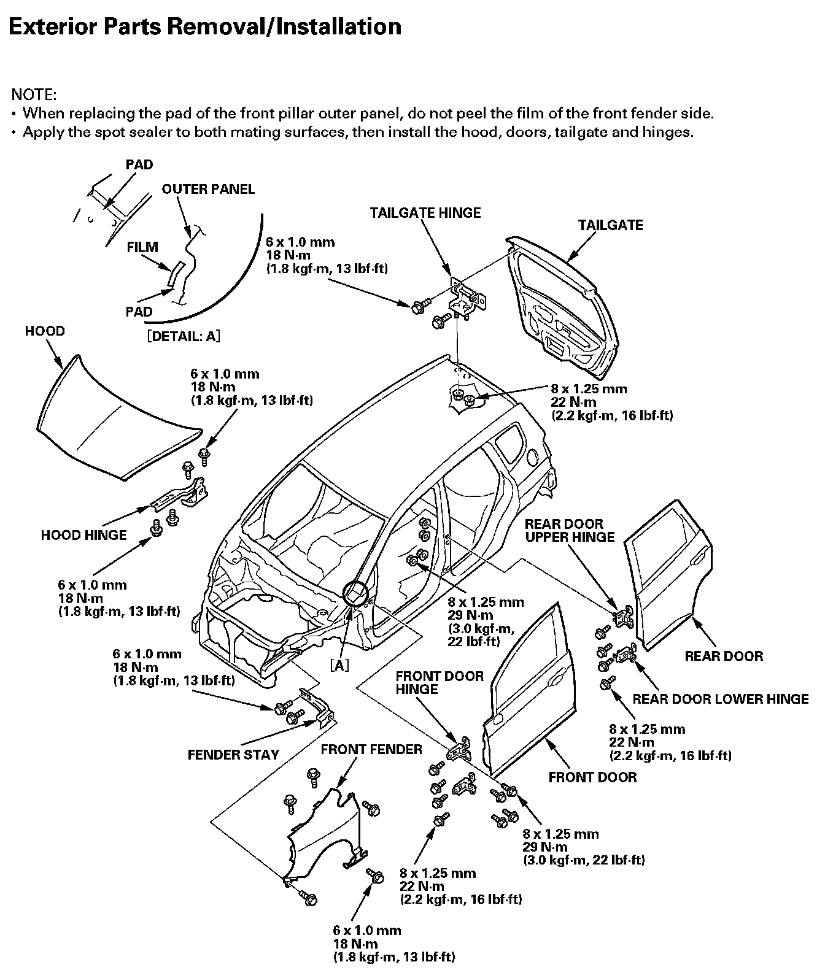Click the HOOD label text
[45, 331]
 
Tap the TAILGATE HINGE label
[425, 213]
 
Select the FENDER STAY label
[233, 755]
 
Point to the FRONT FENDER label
[371, 749]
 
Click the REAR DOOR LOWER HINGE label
[720, 699]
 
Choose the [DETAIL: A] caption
[183, 336]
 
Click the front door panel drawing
[531, 687]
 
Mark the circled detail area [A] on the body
[355, 594]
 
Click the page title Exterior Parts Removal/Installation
[206, 27]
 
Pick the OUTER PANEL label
[207, 189]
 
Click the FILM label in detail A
[142, 247]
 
